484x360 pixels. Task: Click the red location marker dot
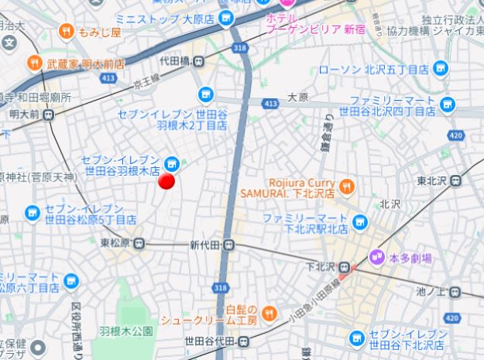(x=166, y=181)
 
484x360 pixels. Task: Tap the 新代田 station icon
(x=230, y=245)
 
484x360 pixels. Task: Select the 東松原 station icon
(x=139, y=243)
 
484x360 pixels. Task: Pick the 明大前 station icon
(x=49, y=115)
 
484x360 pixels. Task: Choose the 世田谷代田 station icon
(x=244, y=341)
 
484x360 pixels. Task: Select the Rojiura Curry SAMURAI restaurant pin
(x=345, y=185)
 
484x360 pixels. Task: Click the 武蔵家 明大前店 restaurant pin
(x=34, y=63)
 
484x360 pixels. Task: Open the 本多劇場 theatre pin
(x=376, y=256)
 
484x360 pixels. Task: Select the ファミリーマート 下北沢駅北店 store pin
(x=359, y=223)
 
